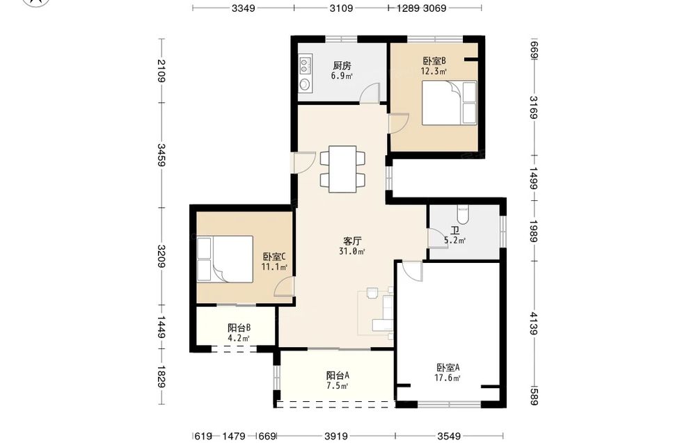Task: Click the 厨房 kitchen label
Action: (342, 65)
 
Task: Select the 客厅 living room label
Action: (352, 241)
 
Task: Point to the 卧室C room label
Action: (274, 257)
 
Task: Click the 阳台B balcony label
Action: (239, 328)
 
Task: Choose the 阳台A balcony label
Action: (338, 375)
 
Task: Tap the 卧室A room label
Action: (448, 368)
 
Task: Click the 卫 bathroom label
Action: (455, 231)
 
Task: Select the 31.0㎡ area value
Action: (352, 252)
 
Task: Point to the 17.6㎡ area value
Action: (448, 378)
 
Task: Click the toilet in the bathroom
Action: (463, 214)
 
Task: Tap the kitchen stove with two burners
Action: (305, 65)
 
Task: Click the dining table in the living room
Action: (342, 169)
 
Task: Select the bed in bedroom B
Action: (449, 103)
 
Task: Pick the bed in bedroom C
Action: (225, 259)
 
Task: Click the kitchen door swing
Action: (370, 93)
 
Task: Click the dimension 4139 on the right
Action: (534, 323)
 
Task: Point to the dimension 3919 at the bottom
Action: (336, 436)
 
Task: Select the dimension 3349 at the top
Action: (243, 8)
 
